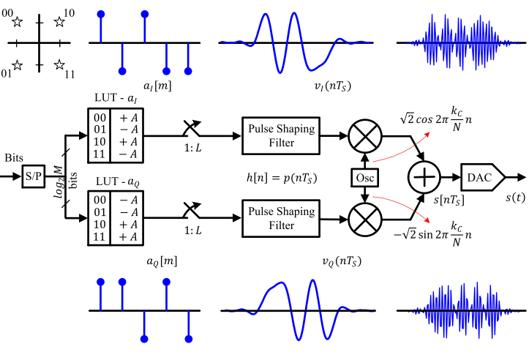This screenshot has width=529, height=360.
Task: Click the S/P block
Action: (x=34, y=177)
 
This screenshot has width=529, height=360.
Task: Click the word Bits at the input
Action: (x=14, y=159)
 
